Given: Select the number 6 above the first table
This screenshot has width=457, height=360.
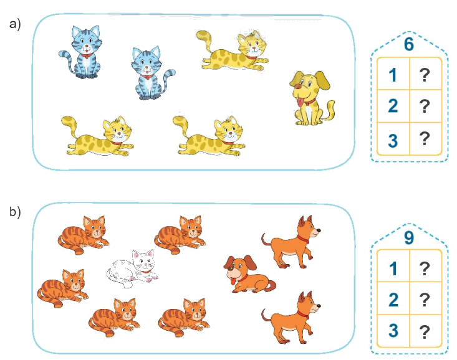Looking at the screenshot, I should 409,44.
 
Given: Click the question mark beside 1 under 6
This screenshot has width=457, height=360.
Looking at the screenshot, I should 425,75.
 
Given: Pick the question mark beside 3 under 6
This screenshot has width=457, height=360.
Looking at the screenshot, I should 425,139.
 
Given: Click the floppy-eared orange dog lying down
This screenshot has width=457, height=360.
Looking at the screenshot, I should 246,275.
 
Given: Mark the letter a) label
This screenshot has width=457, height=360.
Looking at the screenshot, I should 15,24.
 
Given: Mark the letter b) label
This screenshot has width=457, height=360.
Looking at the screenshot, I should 15,212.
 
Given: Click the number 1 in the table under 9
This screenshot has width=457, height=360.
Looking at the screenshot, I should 393,269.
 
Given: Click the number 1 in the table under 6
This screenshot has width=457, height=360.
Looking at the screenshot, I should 393,75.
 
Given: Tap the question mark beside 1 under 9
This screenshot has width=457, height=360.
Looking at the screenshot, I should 425,269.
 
